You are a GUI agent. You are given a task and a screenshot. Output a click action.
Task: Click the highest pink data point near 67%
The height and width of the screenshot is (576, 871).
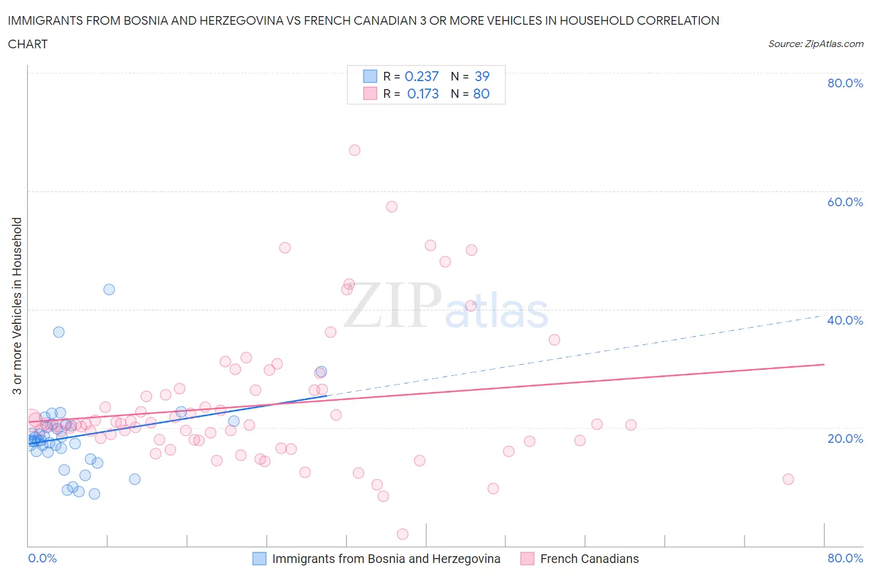click(354, 150)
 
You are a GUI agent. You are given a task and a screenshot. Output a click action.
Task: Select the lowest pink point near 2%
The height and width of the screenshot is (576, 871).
click(403, 534)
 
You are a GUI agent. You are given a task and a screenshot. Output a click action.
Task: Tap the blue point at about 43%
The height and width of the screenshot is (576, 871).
click(109, 289)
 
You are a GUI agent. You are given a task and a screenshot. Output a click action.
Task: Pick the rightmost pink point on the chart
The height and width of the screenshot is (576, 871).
click(788, 479)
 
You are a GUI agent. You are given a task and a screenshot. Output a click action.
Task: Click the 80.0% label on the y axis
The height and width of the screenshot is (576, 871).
click(845, 84)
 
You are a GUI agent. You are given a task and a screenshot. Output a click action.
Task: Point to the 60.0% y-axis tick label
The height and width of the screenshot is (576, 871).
click(845, 202)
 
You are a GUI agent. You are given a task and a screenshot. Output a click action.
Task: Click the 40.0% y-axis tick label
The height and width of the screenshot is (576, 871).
click(845, 320)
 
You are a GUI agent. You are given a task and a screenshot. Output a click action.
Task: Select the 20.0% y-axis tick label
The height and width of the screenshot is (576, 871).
click(845, 439)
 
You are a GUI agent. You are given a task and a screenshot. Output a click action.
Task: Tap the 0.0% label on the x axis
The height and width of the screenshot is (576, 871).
click(42, 558)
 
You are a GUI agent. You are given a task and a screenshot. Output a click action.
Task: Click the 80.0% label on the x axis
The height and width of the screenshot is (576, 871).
click(845, 558)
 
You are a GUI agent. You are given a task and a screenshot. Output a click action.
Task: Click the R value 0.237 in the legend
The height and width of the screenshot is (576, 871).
click(421, 76)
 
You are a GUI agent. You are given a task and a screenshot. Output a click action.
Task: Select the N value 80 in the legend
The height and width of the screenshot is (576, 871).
click(481, 94)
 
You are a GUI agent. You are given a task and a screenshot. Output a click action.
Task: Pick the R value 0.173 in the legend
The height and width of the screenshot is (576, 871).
click(422, 94)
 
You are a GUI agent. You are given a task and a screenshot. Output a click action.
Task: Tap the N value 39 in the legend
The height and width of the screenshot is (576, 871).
click(482, 76)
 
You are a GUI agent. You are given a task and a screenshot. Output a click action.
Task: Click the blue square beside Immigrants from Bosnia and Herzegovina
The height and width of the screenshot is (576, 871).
click(259, 559)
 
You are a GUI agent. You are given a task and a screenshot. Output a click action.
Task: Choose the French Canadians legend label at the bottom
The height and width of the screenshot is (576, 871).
click(589, 559)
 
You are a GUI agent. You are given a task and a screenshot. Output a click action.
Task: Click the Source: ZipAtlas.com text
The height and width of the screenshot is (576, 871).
click(815, 43)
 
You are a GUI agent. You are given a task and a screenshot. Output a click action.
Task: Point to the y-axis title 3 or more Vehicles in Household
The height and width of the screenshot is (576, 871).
click(17, 305)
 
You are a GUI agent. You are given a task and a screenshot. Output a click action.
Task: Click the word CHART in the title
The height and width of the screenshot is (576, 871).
click(28, 44)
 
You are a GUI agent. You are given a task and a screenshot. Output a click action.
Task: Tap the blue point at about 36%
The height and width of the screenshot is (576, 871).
click(59, 332)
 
